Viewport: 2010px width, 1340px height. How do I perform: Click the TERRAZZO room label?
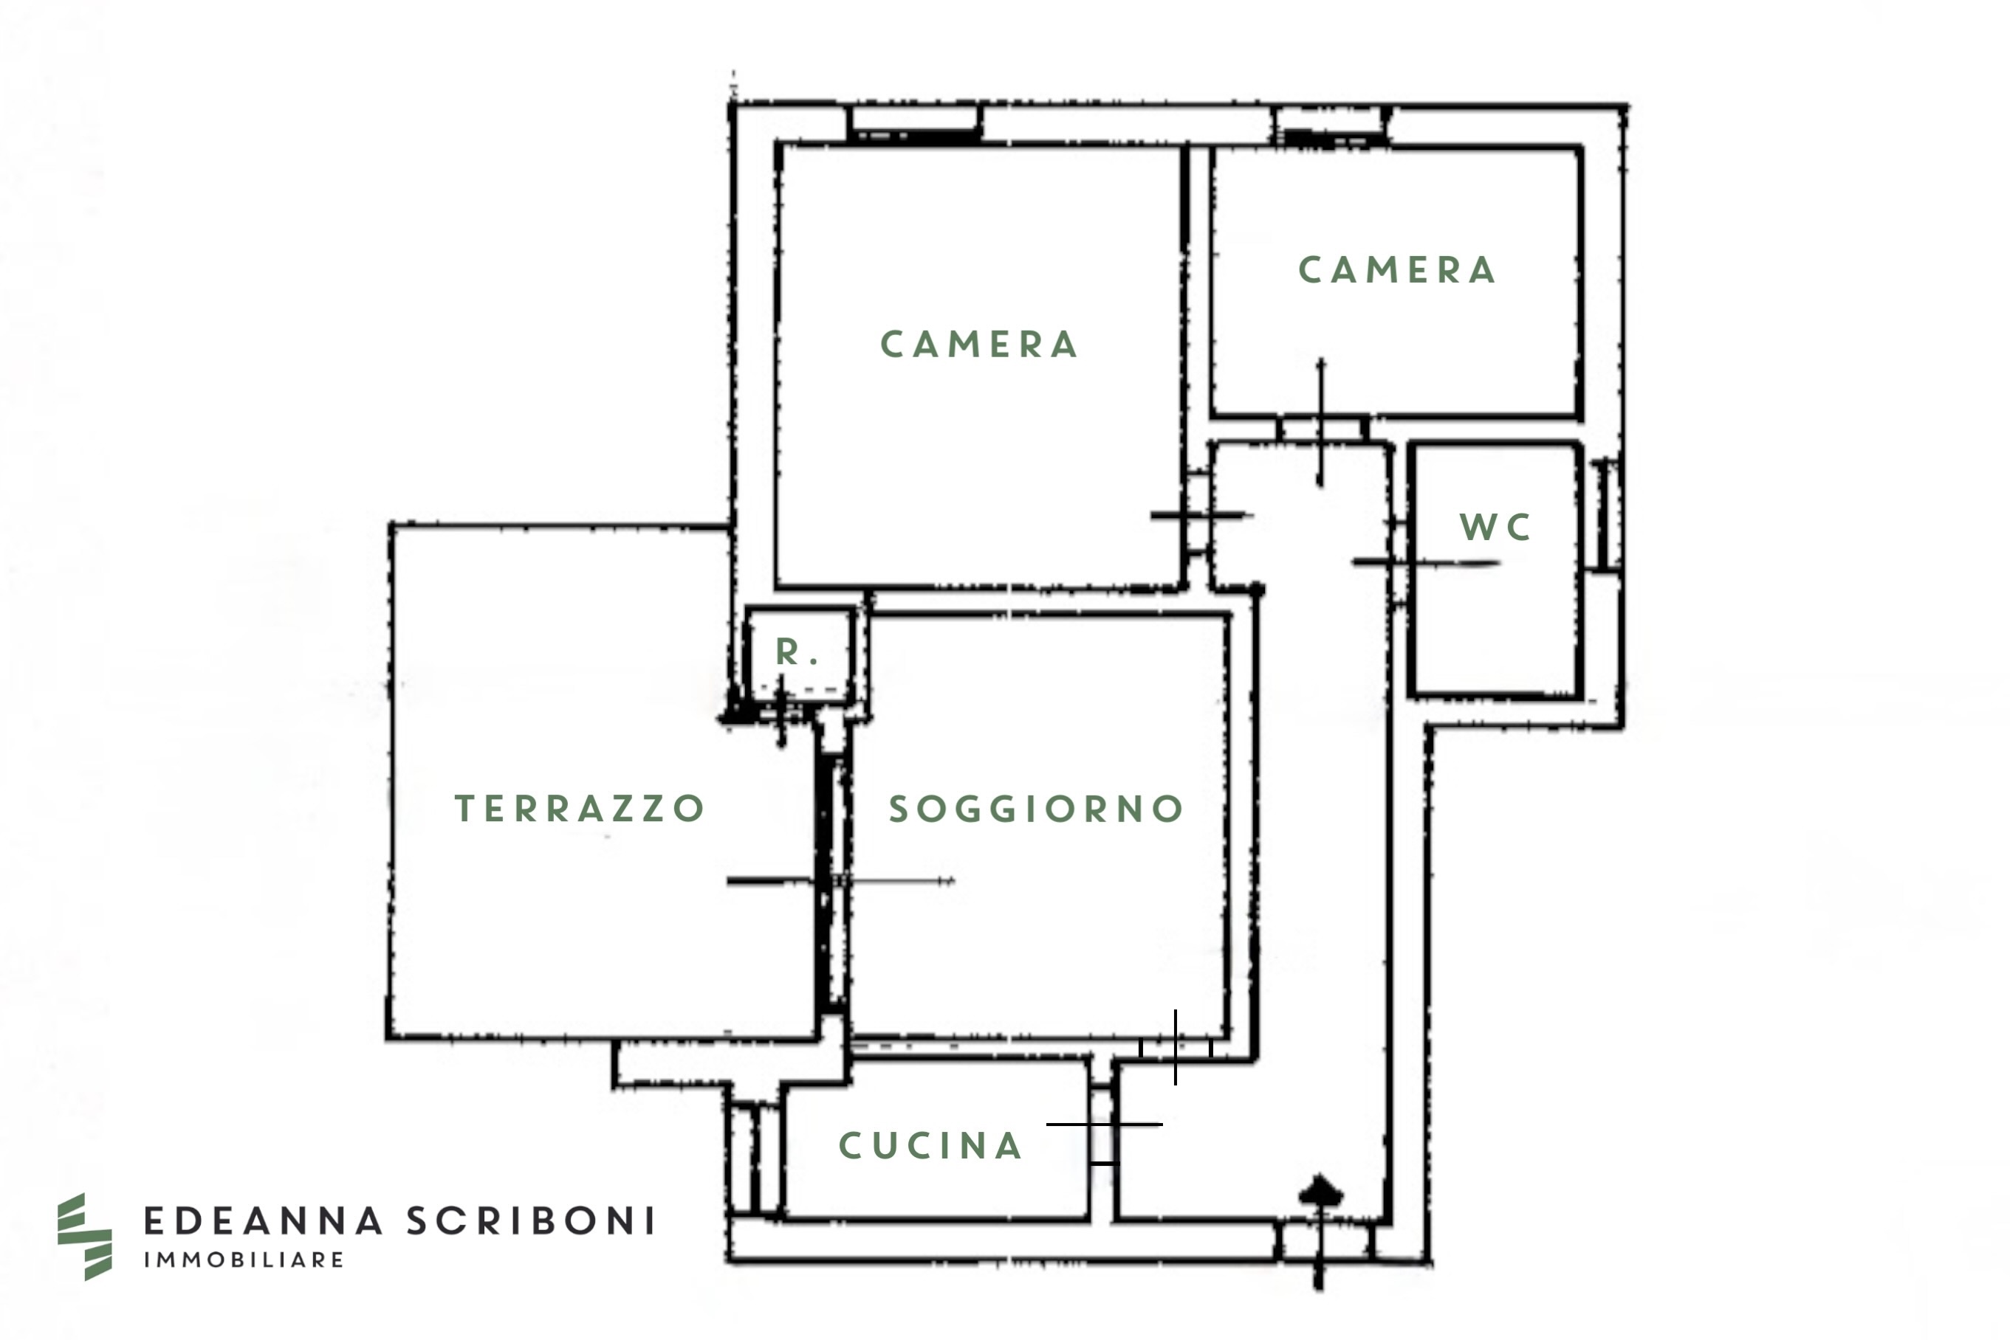[x=579, y=807]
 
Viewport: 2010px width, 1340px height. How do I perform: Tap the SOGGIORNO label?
[x=1035, y=809]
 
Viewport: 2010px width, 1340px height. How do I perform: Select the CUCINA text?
[x=930, y=1146]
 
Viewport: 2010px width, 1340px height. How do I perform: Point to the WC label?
[x=1495, y=528]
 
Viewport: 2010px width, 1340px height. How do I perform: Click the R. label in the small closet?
[x=797, y=653]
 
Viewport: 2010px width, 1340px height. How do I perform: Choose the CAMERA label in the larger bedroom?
[x=979, y=345]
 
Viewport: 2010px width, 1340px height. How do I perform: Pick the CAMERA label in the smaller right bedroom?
[x=1397, y=270]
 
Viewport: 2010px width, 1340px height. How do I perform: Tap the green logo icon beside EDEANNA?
[x=83, y=1236]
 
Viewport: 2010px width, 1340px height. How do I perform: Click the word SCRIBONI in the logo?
[x=531, y=1221]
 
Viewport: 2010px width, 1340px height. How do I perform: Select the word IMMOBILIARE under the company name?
[x=244, y=1260]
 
